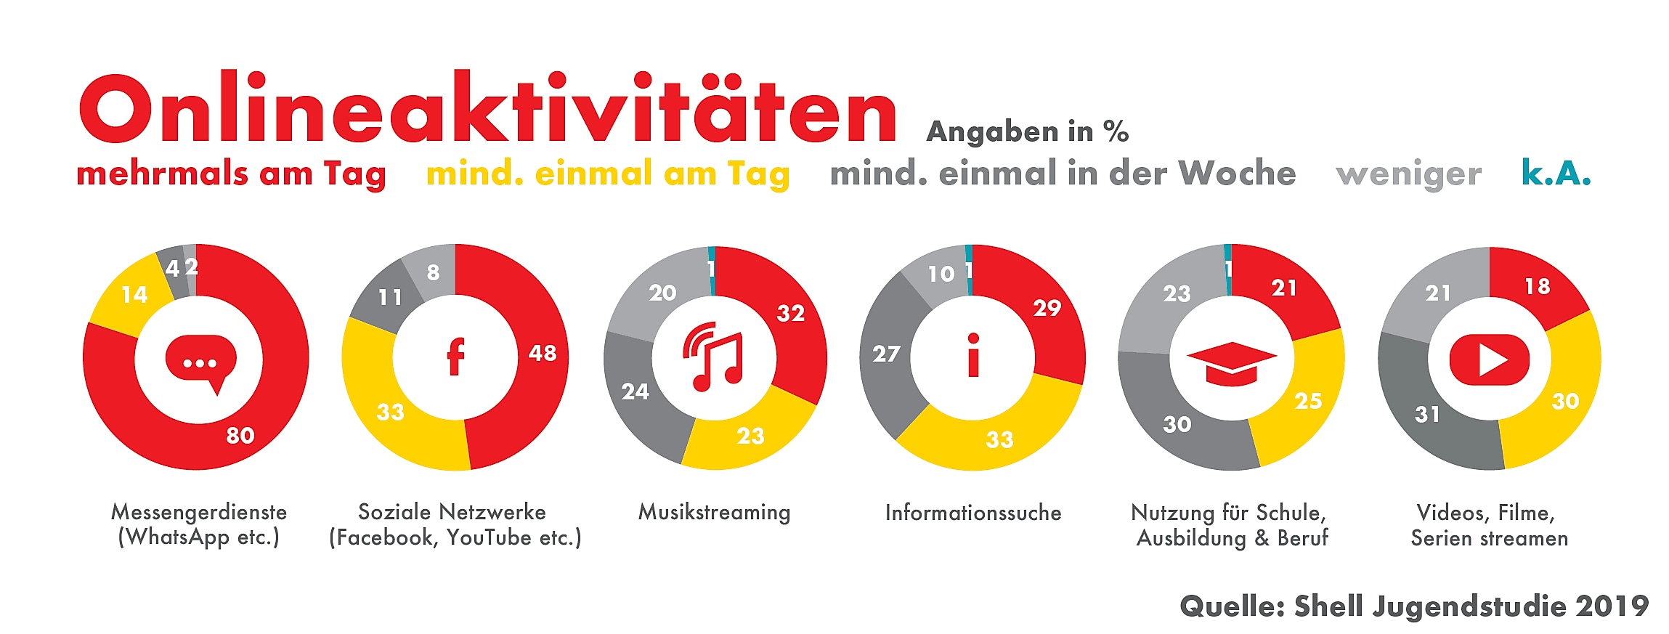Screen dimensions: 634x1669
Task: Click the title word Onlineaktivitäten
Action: click(x=487, y=109)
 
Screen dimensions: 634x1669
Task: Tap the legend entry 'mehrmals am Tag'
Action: click(x=231, y=174)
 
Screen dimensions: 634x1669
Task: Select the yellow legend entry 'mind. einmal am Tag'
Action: click(x=607, y=174)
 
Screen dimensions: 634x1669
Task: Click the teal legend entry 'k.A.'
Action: click(x=1556, y=173)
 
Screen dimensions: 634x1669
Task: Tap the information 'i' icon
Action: click(x=973, y=356)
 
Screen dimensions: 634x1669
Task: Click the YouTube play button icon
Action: click(x=1489, y=359)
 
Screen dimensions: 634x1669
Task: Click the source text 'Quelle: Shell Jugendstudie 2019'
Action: click(x=1413, y=606)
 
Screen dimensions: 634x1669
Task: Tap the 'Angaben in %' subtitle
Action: click(x=1027, y=132)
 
